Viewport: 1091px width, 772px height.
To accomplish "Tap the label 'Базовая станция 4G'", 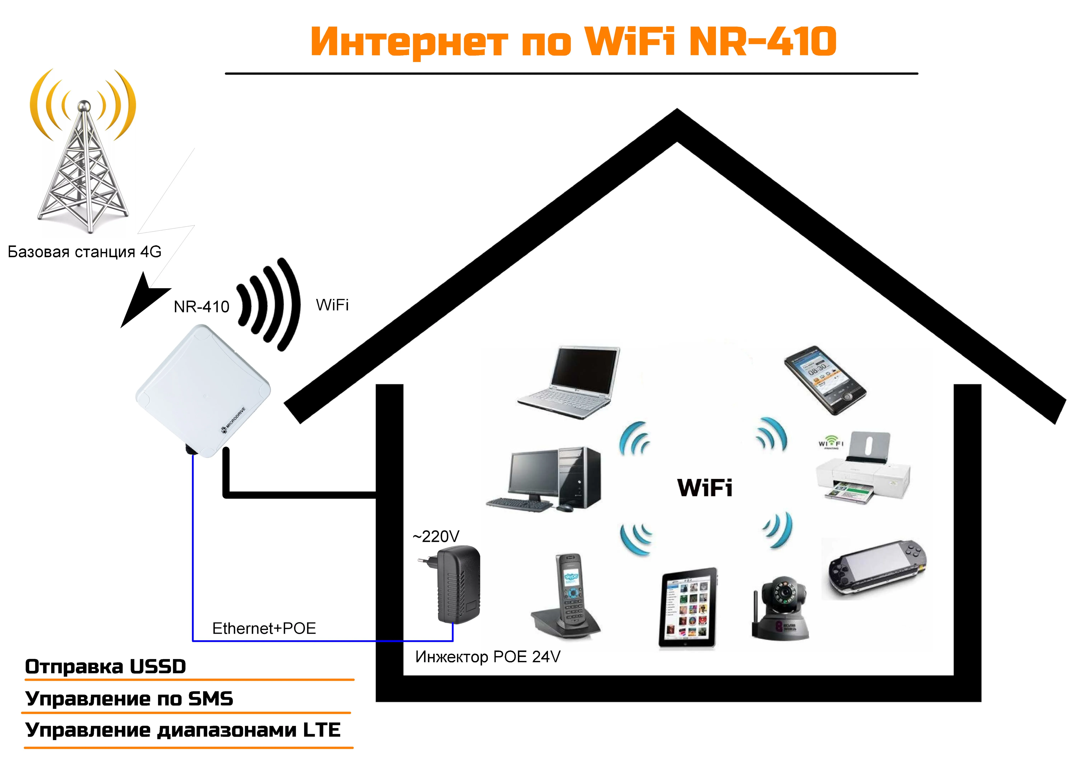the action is click(85, 252).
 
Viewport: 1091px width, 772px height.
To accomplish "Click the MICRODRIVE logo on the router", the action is click(233, 421).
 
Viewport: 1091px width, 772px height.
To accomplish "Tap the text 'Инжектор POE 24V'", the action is click(487, 657).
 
